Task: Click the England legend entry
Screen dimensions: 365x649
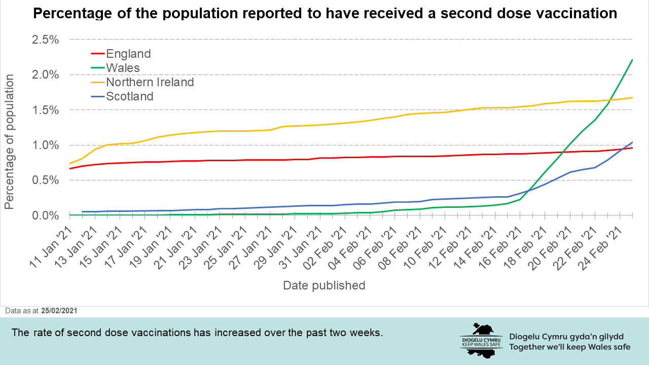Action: (128, 54)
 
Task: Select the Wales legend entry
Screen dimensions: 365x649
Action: (123, 68)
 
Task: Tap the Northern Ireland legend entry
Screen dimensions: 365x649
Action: (150, 82)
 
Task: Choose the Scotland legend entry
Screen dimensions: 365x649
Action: (129, 96)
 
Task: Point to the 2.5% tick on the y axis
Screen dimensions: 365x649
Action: (46, 40)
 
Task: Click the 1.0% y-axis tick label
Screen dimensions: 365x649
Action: (46, 145)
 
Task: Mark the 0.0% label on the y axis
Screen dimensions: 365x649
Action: (46, 216)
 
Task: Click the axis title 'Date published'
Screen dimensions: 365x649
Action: (324, 285)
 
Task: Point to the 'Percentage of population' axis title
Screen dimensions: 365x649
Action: (9, 141)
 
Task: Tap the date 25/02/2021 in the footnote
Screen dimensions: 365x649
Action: (60, 310)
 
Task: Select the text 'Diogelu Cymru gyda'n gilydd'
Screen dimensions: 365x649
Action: (566, 337)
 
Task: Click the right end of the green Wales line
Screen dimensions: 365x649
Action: (632, 60)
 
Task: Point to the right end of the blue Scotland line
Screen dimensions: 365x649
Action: (632, 142)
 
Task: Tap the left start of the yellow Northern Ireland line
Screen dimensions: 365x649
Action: (70, 163)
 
